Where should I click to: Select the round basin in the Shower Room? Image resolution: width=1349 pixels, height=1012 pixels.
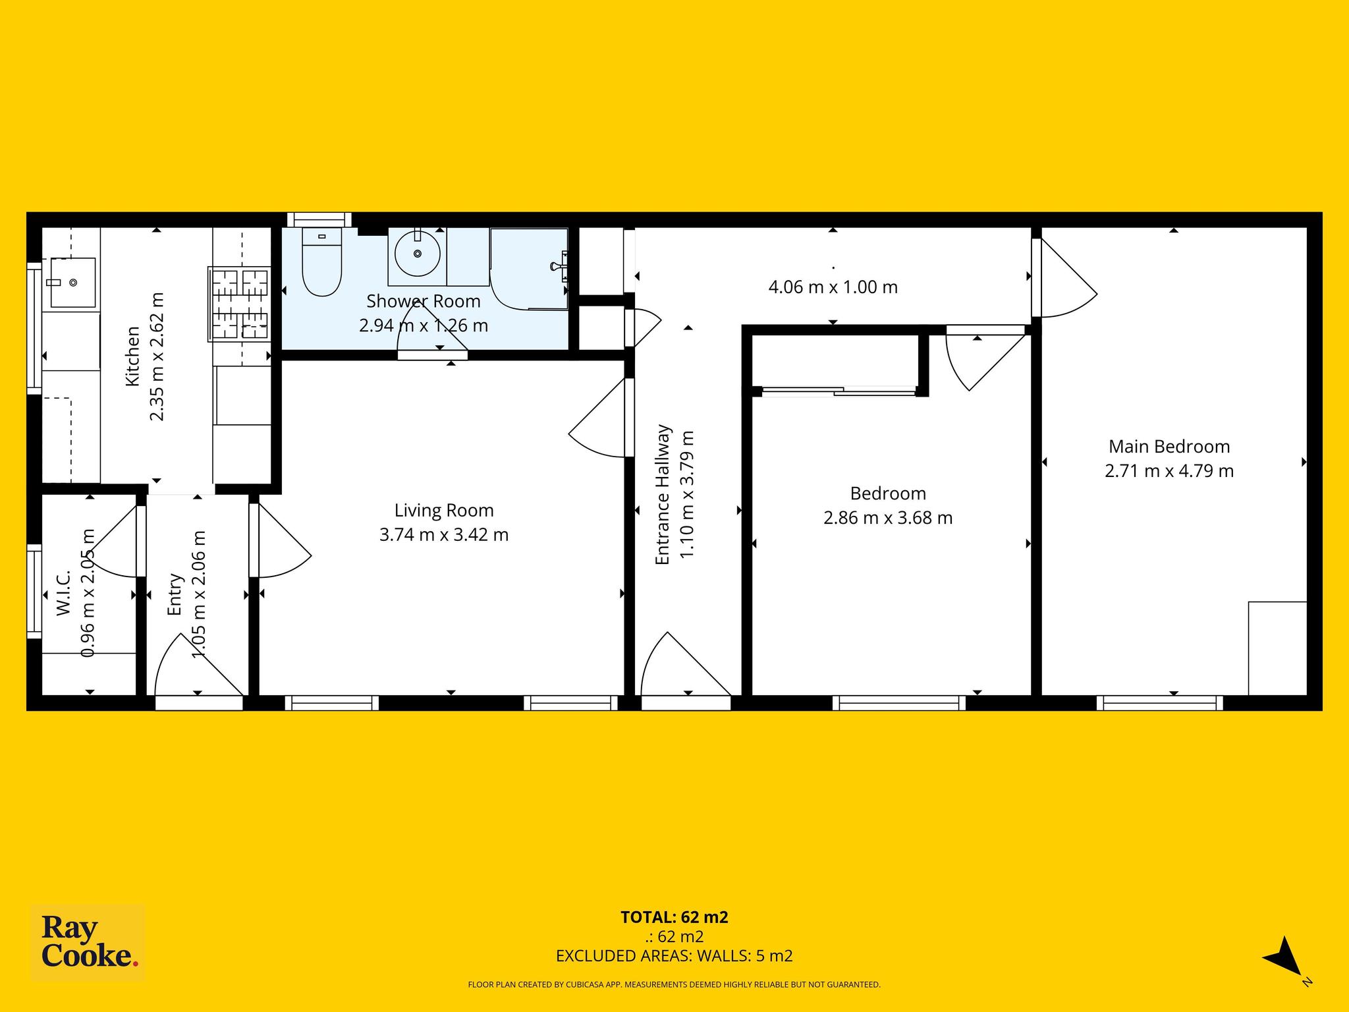tap(417, 252)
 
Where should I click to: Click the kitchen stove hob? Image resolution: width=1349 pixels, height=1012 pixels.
tap(239, 304)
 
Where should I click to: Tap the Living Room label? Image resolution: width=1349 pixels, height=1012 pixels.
tap(444, 511)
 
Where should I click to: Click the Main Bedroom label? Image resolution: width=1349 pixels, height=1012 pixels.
tap(1169, 447)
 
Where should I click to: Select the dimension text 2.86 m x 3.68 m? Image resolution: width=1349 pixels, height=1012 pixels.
tap(888, 518)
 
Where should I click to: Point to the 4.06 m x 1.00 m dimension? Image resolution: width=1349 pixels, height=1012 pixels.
tap(833, 287)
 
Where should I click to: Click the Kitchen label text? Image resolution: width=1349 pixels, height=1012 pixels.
tap(133, 356)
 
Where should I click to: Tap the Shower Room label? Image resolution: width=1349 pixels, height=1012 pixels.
tap(424, 301)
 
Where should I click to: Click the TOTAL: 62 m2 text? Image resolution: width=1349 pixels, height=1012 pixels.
tap(674, 917)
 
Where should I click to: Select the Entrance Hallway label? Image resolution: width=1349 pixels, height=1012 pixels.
tap(662, 495)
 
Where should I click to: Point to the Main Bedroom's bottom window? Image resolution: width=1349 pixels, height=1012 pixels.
tap(1160, 703)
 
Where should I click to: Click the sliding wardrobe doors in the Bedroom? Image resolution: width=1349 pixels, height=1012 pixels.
tap(839, 391)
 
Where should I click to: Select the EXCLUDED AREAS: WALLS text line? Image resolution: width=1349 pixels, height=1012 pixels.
tap(674, 956)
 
